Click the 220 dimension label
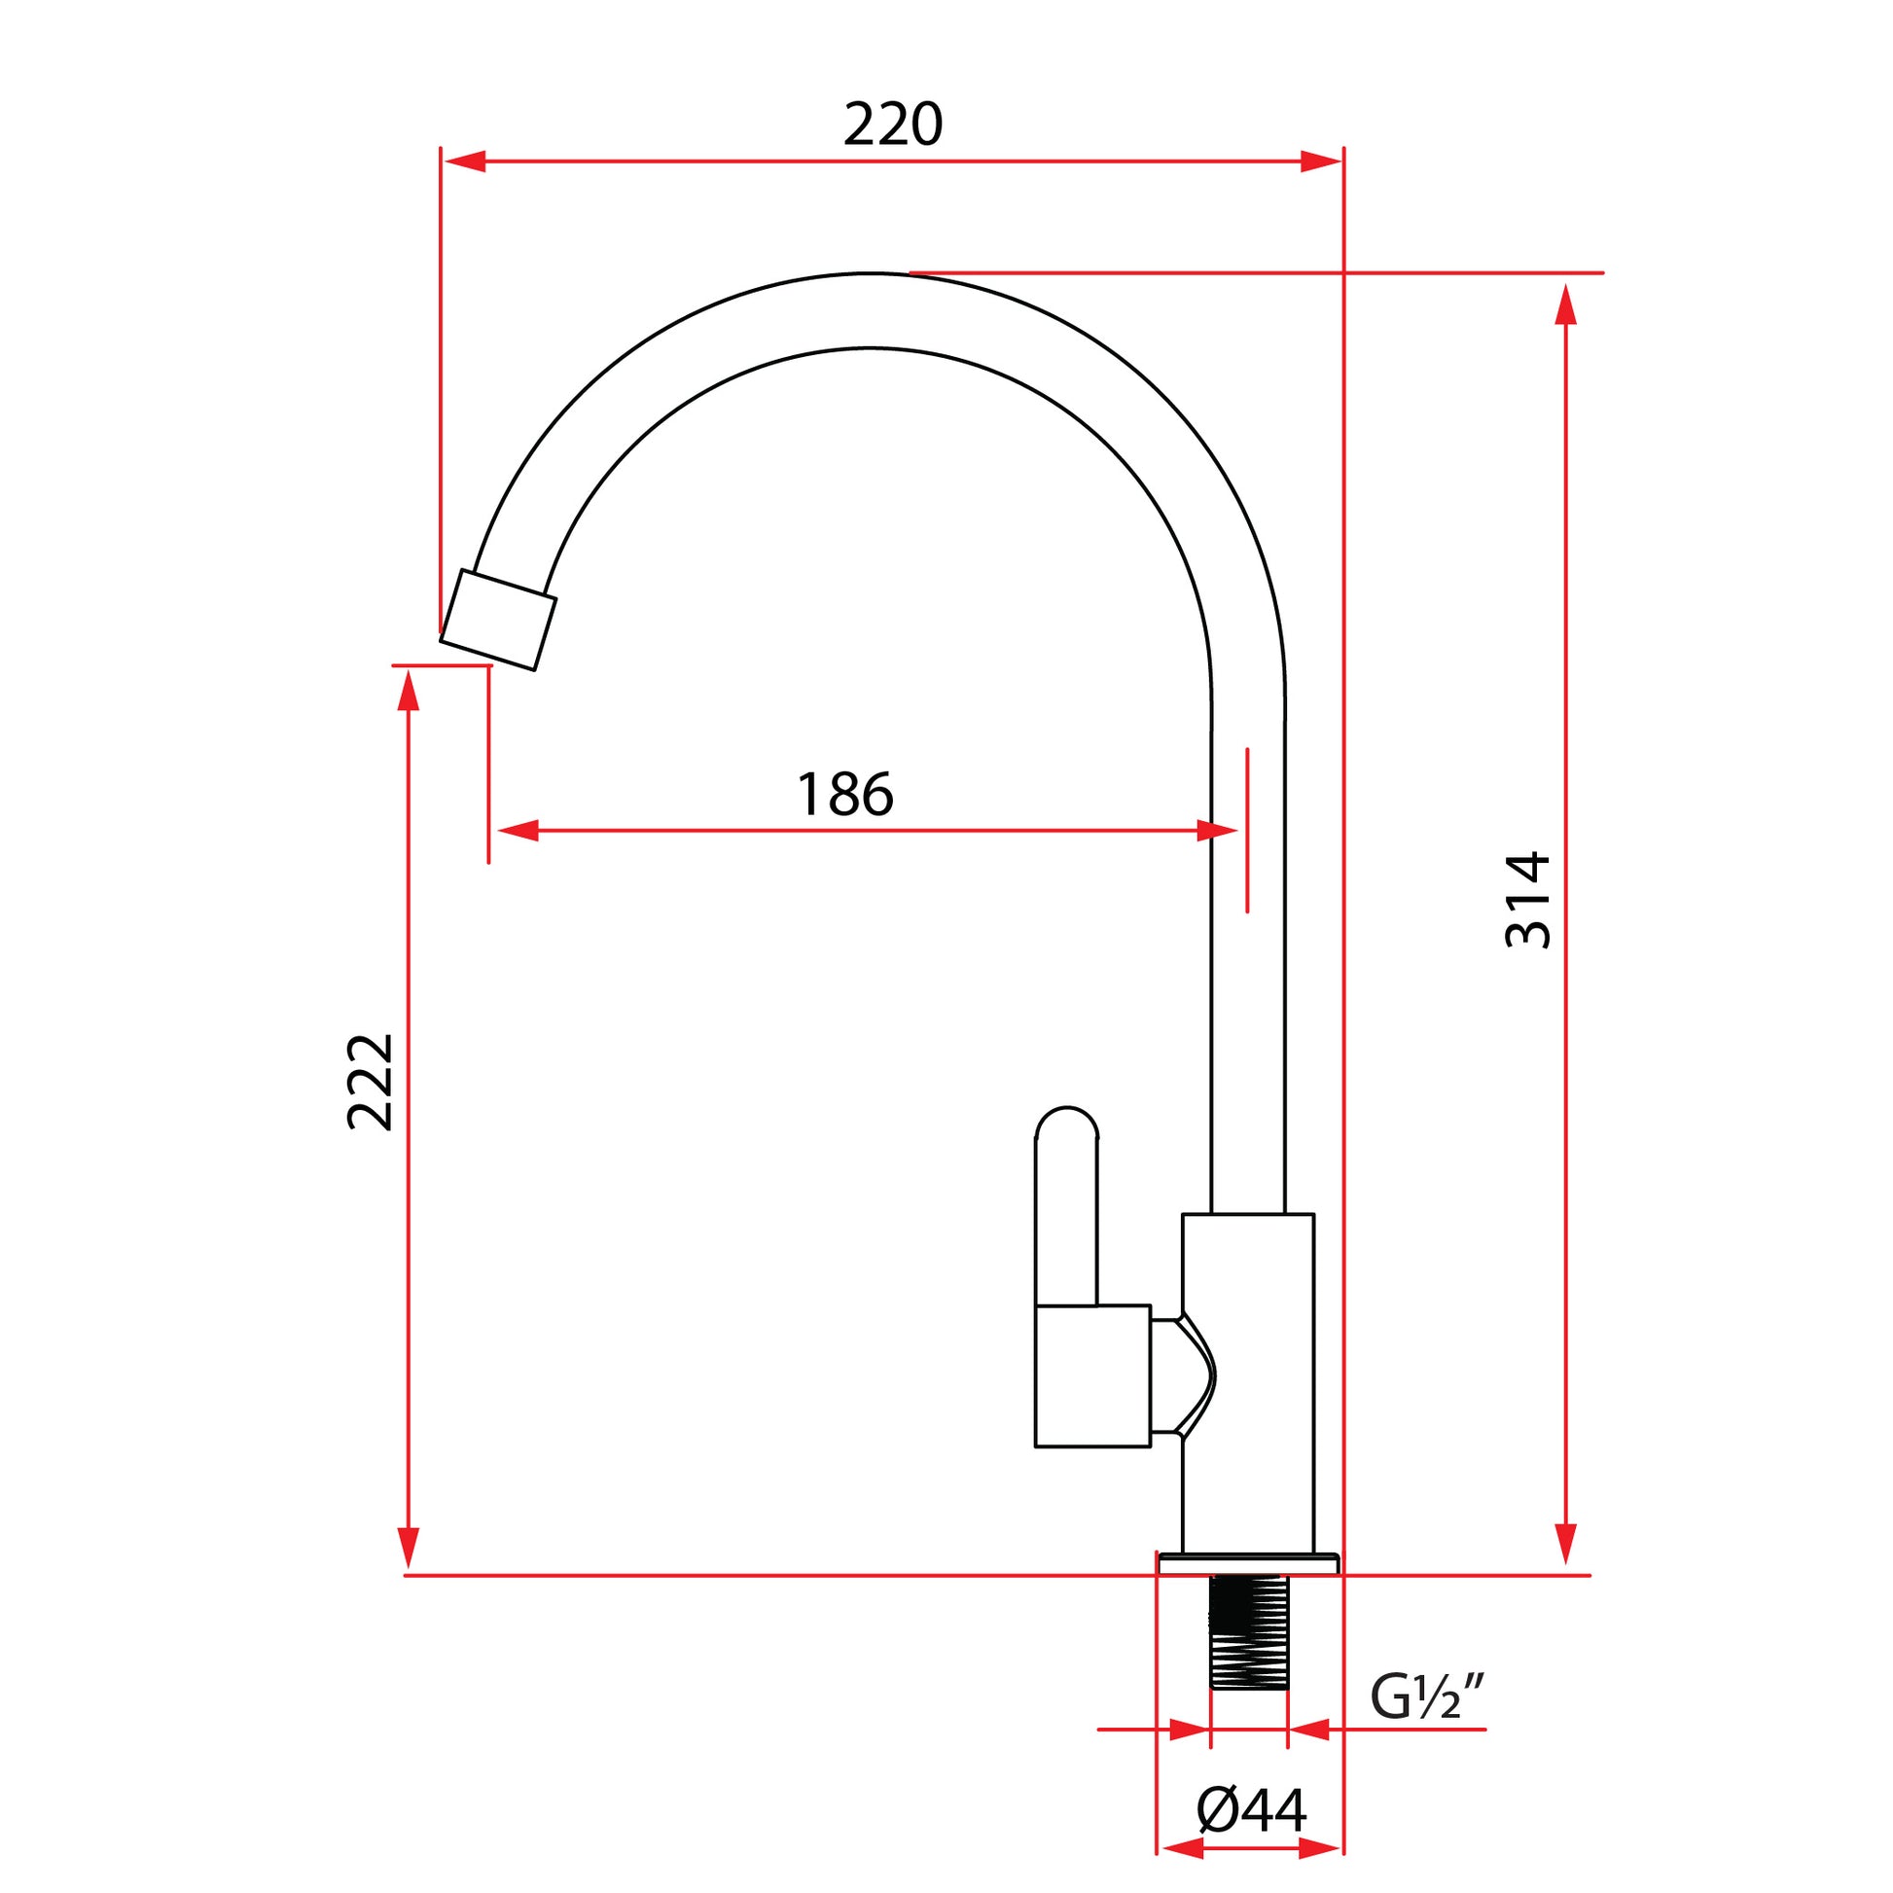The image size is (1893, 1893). (893, 125)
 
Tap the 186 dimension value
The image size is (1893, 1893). (845, 795)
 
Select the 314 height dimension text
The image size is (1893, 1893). (1528, 901)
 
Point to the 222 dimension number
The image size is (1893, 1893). (371, 1082)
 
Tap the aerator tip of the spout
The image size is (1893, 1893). (498, 621)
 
